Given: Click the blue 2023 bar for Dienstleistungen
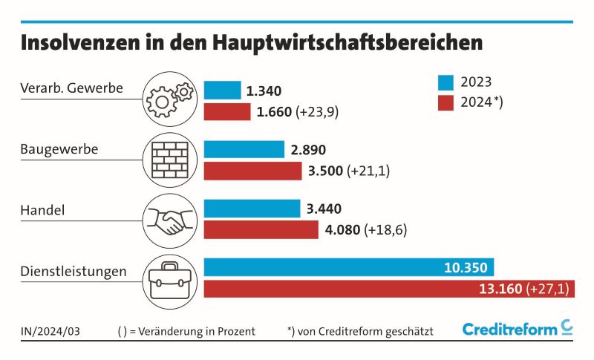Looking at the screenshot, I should [x=348, y=267].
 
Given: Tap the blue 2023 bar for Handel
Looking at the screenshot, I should [x=252, y=209].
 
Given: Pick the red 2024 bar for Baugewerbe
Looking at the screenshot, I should [x=253, y=171].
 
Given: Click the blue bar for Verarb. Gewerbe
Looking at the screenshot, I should [x=222, y=91].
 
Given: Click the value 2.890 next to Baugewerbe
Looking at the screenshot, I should [x=308, y=149].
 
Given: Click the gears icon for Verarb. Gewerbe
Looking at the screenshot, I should [x=171, y=99].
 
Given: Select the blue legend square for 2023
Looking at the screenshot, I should [x=447, y=82].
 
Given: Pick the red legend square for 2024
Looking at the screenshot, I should [x=447, y=102].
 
